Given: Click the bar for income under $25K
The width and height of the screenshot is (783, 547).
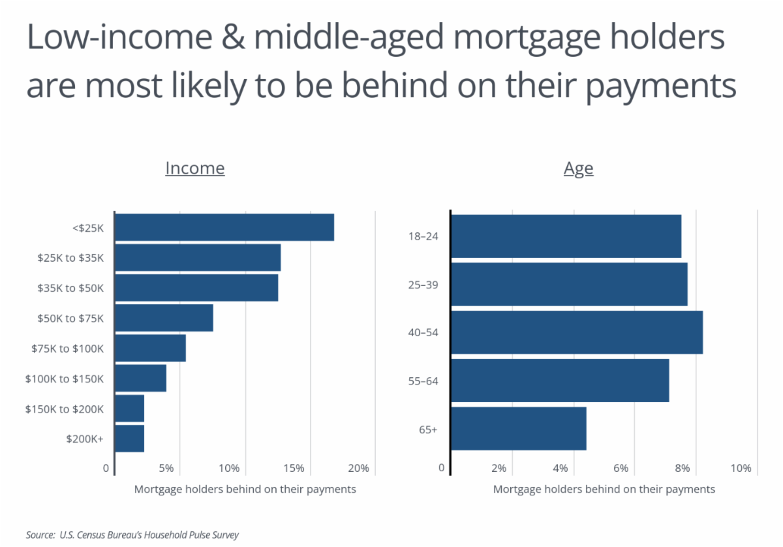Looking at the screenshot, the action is pyautogui.click(x=224, y=227).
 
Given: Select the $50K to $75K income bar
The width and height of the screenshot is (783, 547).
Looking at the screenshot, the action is pyautogui.click(x=164, y=318).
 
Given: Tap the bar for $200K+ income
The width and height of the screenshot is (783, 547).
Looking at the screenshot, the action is pyautogui.click(x=130, y=439).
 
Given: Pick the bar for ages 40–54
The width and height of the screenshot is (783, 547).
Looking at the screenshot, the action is pyautogui.click(x=577, y=332).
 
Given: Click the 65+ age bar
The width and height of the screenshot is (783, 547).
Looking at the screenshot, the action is pyautogui.click(x=519, y=428).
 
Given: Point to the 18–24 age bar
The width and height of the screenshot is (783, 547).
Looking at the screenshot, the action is pyautogui.click(x=566, y=236).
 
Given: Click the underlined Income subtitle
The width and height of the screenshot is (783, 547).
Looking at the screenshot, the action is pyautogui.click(x=195, y=168).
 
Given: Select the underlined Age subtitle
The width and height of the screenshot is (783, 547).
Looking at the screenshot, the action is pyautogui.click(x=579, y=169).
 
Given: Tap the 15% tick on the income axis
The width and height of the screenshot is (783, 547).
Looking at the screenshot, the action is pyautogui.click(x=294, y=468).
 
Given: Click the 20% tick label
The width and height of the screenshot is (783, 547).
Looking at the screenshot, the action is pyautogui.click(x=358, y=468).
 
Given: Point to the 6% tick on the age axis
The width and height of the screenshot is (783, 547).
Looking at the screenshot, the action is pyautogui.click(x=621, y=468).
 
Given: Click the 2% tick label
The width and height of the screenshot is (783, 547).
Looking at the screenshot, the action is pyautogui.click(x=499, y=468).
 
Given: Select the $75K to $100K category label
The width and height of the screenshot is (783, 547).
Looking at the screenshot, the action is pyautogui.click(x=67, y=349).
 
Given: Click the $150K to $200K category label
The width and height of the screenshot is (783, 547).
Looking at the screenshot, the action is pyautogui.click(x=65, y=409).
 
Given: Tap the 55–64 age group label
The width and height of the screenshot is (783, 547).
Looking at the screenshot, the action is pyautogui.click(x=423, y=381).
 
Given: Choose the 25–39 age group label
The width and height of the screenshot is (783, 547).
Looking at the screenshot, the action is pyautogui.click(x=423, y=285).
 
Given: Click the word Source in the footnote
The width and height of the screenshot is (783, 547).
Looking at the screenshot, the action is pyautogui.click(x=40, y=535).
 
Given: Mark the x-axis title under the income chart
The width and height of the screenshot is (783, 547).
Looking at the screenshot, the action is pyautogui.click(x=245, y=490).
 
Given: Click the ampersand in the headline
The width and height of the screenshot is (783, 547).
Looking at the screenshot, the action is pyautogui.click(x=233, y=37).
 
